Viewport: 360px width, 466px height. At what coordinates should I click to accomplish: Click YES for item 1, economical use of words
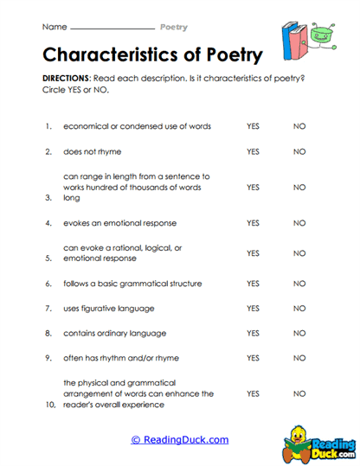pos(253,126)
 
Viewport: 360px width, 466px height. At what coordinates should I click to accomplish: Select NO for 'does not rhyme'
pos(299,151)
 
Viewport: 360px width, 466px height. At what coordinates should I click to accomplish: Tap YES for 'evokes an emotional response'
pos(253,223)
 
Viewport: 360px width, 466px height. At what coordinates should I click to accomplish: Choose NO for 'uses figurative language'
pos(299,308)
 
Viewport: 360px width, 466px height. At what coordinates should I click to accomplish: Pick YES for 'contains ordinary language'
pos(253,333)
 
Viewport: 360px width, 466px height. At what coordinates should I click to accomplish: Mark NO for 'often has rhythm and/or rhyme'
pos(299,357)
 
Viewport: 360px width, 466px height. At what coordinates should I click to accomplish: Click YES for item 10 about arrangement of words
pos(253,393)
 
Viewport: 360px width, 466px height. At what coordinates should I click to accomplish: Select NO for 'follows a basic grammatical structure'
pos(299,284)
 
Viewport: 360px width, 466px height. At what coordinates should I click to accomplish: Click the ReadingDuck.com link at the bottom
pos(180,440)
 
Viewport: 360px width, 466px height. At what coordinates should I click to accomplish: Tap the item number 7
pos(48,308)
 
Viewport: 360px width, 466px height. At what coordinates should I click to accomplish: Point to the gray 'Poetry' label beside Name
pos(174,28)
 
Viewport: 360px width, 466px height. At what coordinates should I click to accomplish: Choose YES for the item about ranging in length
pos(253,187)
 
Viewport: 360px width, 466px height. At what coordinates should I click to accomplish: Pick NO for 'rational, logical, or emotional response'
pos(299,253)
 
